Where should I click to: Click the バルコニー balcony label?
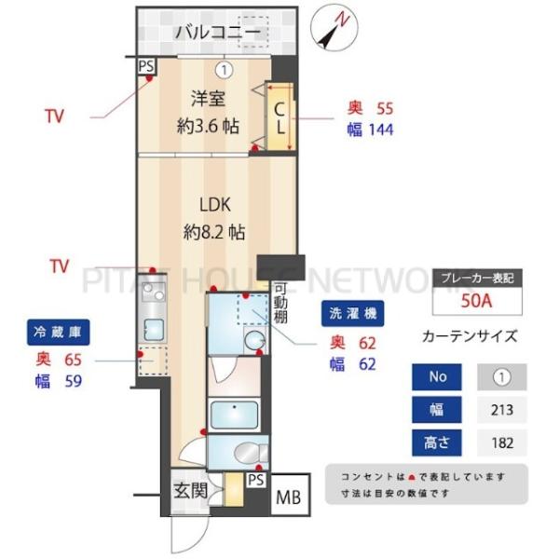click(218, 33)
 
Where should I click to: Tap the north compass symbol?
click(334, 28)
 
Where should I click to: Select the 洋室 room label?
click(209, 99)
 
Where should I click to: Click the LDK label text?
click(214, 205)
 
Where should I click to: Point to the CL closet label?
click(280, 118)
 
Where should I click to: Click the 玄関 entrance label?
click(191, 491)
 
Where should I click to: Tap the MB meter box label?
click(289, 498)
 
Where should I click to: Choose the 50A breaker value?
click(477, 301)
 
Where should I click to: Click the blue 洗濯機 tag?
click(352, 313)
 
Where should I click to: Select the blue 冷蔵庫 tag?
click(58, 333)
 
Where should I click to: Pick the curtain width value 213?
click(502, 410)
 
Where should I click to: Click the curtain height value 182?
click(502, 443)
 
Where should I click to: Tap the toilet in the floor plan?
click(251, 453)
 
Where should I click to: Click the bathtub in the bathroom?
click(234, 416)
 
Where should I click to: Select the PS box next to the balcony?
click(146, 66)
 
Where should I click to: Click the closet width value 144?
click(381, 130)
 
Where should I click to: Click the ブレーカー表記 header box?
click(477, 278)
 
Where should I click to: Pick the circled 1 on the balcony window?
click(224, 70)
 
